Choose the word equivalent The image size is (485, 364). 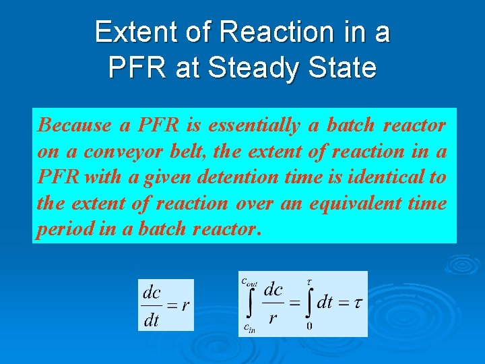pos(353,204)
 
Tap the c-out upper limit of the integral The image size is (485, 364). pos(249,282)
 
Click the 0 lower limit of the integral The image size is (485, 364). pos(309,326)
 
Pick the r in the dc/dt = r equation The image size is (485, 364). pos(185,305)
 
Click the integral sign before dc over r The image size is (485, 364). pos(251,305)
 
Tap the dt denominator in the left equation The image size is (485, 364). pos(152,320)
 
